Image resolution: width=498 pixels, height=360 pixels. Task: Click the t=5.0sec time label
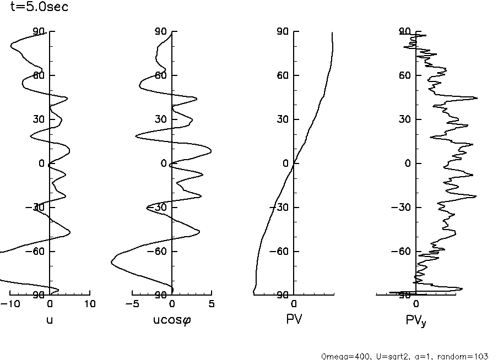click(39, 8)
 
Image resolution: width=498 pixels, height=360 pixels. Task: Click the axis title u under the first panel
click(50, 319)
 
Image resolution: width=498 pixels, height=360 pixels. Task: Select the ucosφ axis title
click(172, 319)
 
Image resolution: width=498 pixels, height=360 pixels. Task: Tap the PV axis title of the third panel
click(294, 319)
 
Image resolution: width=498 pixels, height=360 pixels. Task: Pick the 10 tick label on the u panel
click(90, 304)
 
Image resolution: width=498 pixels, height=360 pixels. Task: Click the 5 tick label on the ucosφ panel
click(212, 304)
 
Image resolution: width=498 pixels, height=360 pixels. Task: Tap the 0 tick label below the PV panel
click(294, 304)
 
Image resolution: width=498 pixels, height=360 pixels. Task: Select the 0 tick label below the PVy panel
click(416, 304)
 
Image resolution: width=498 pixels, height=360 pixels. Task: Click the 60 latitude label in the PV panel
click(283, 75)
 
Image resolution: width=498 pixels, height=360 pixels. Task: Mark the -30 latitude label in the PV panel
click(280, 208)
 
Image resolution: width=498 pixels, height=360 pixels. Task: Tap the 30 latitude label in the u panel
click(39, 119)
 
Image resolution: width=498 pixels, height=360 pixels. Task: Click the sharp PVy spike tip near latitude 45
click(477, 98)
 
